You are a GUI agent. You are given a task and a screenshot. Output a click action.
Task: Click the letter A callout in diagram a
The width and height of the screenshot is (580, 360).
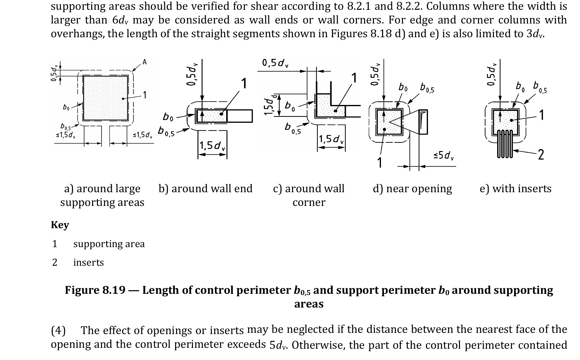coord(145,62)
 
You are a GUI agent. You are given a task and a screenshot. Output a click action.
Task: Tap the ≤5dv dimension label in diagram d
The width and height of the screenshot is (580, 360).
coord(444,156)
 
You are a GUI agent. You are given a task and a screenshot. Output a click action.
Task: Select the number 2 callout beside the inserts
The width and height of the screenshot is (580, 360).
coord(541,155)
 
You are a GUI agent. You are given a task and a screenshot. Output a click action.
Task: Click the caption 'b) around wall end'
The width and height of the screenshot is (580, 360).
coord(205,189)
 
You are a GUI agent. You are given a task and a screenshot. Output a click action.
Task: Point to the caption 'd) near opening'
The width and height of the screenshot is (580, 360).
coord(412,189)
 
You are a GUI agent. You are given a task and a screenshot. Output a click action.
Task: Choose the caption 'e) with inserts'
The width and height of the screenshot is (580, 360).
coord(516,189)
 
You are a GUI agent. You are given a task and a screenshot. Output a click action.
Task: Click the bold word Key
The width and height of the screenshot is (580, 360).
coord(60,225)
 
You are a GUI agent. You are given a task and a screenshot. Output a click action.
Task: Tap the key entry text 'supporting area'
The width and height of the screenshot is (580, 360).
coord(109,244)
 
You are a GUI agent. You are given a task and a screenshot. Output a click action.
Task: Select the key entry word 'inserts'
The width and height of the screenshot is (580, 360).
coord(89,262)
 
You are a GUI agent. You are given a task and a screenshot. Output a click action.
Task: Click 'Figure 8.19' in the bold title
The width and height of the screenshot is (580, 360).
coord(95,290)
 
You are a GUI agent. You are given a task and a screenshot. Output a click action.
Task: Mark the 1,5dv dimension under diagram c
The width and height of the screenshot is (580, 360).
coord(331,139)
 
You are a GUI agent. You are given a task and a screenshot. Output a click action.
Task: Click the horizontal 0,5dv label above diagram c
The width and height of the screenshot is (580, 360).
coord(275,63)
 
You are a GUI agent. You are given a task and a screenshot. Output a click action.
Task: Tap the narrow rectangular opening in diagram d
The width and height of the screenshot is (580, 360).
coord(423,122)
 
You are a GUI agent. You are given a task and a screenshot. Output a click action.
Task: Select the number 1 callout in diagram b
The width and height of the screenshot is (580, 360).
coord(244,83)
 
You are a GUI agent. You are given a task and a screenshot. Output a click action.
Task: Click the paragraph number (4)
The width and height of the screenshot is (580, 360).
coord(58,330)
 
